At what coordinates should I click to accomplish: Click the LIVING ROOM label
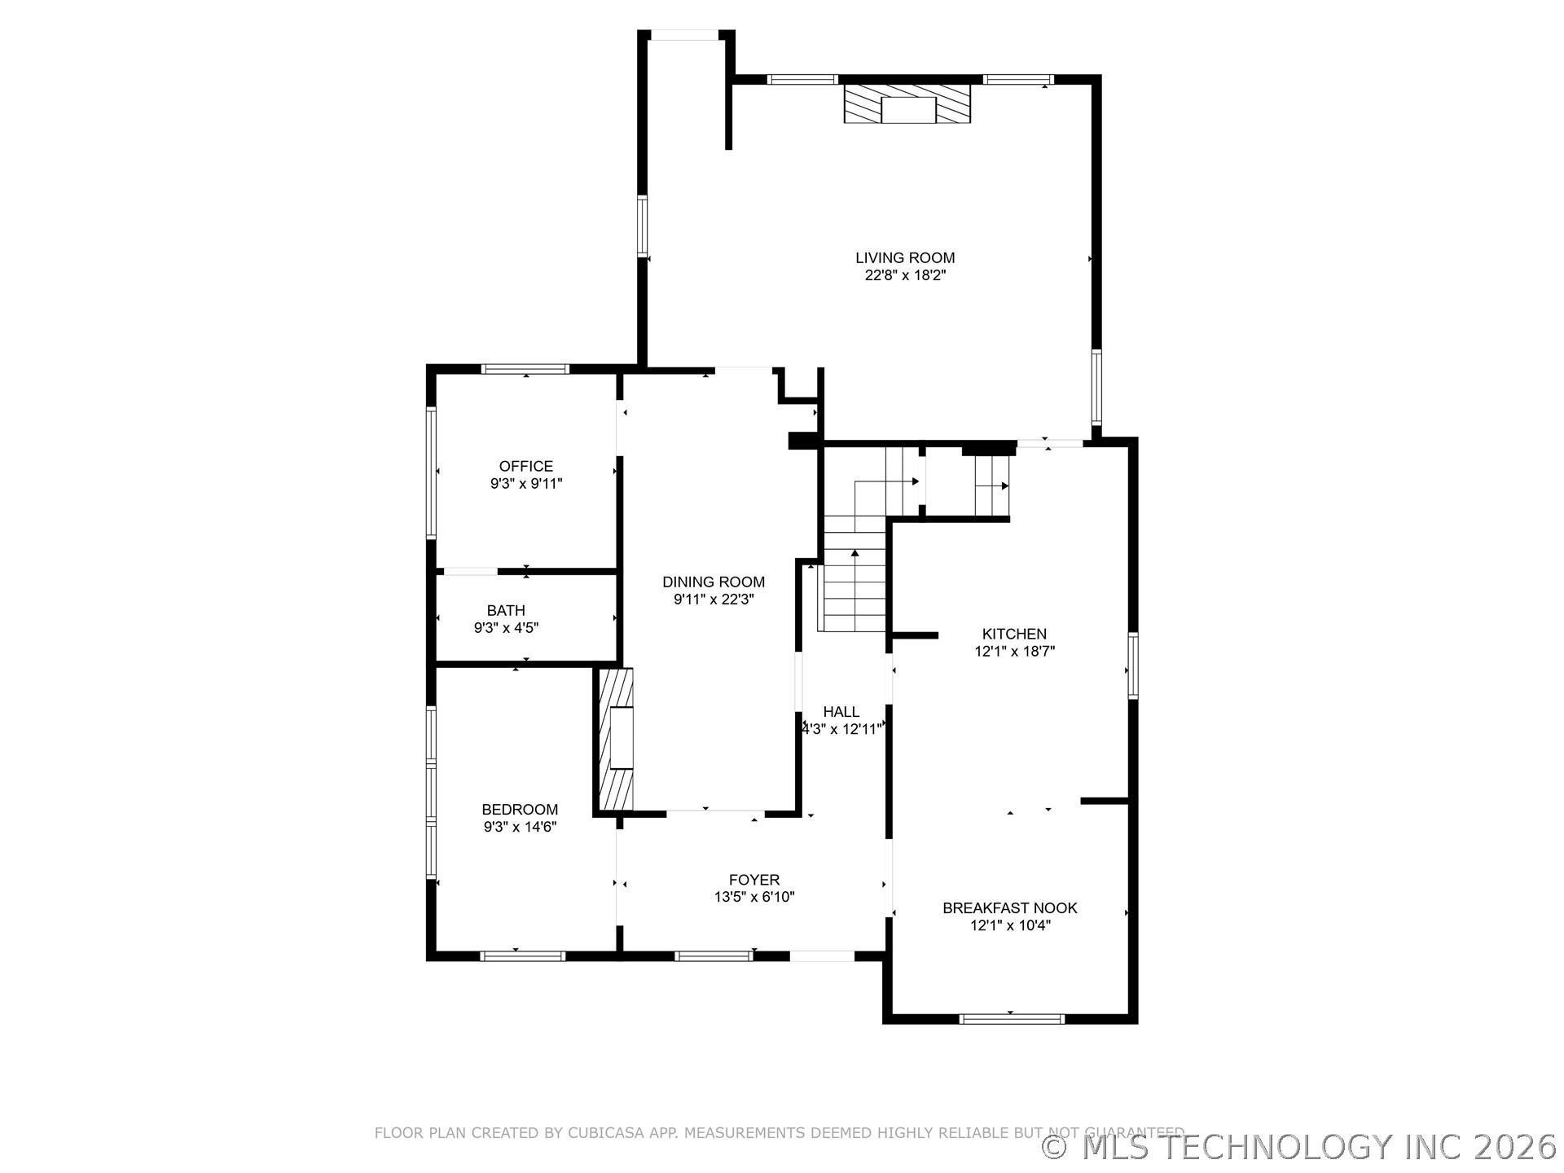tap(905, 257)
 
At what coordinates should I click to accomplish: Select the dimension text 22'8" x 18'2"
tap(905, 275)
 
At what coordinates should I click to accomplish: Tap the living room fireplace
tap(907, 104)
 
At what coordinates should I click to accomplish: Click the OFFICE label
tap(525, 466)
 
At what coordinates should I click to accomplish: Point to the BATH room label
tap(506, 610)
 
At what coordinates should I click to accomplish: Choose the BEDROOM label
tap(520, 809)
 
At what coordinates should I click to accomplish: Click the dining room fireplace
tap(617, 740)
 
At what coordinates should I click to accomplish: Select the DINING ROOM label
tap(713, 582)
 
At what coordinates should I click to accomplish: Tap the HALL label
tap(841, 711)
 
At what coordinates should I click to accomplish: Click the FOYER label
tap(753, 879)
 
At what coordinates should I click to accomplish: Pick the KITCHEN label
tap(1014, 633)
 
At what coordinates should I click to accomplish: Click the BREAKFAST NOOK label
tap(1009, 907)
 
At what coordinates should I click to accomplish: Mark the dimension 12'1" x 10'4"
tap(1010, 925)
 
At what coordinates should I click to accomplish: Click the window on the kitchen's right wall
tap(1132, 666)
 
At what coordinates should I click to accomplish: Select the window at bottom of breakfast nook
tap(1011, 1018)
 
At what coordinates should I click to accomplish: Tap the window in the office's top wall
tap(525, 369)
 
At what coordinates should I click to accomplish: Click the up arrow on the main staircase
tap(854, 554)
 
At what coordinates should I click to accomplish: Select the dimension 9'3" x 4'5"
tap(506, 628)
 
